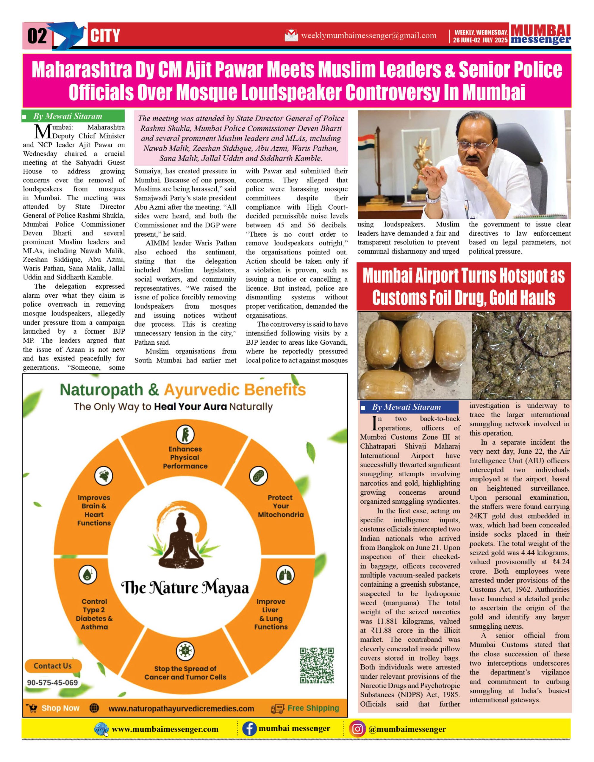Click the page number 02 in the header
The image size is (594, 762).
click(x=37, y=36)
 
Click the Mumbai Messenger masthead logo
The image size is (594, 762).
click(x=540, y=35)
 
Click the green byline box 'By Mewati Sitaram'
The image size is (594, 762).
click(x=73, y=116)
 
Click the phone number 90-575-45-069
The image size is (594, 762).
click(x=52, y=683)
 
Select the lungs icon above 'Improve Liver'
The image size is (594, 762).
click(x=285, y=575)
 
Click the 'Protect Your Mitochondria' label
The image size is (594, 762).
click(x=280, y=506)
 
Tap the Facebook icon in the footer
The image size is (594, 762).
click(x=249, y=729)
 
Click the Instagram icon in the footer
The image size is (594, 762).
click(x=357, y=729)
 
